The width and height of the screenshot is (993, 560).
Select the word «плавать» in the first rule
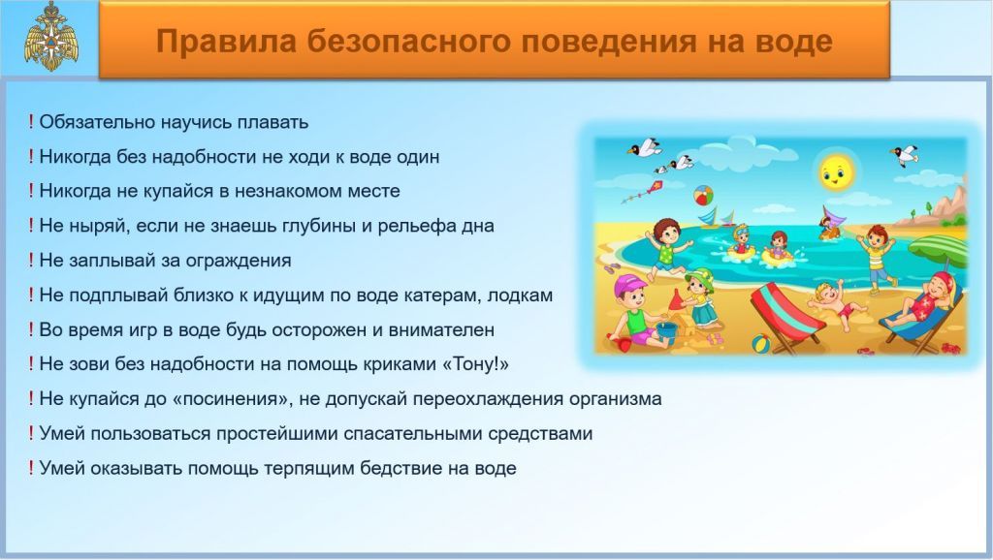pos(272,122)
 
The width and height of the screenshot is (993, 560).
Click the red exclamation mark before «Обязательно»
pos(30,121)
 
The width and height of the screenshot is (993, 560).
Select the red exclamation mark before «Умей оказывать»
pos(30,468)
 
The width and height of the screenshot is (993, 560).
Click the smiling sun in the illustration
pos(835,170)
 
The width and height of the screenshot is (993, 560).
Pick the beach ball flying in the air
pos(703,196)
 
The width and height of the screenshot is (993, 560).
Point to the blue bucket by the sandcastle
pos(666,329)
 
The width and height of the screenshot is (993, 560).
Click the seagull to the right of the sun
pos(905,154)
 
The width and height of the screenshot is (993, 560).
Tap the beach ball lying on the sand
pos(761,344)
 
